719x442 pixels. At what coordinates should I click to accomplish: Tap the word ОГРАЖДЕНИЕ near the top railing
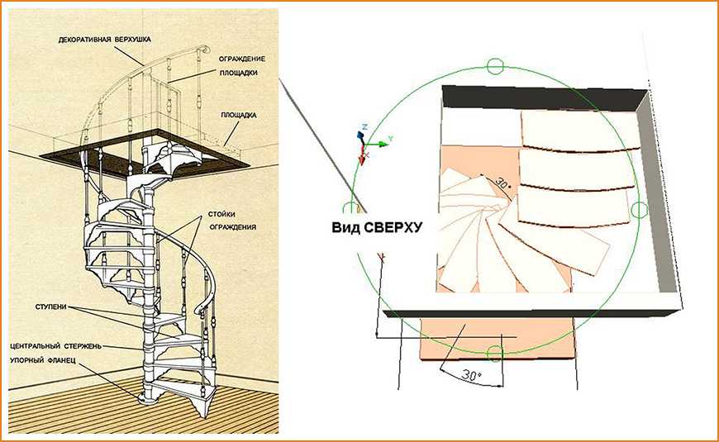click(241, 59)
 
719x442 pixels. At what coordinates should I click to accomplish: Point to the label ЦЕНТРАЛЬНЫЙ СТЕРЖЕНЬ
click(55, 345)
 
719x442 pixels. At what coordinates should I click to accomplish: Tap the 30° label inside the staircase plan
click(503, 182)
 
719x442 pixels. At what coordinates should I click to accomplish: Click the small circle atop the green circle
click(494, 65)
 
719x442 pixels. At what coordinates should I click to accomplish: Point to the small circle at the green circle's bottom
click(494, 354)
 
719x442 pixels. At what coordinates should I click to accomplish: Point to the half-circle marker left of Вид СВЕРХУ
click(350, 207)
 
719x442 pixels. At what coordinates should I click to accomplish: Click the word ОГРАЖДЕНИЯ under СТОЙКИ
click(237, 226)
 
